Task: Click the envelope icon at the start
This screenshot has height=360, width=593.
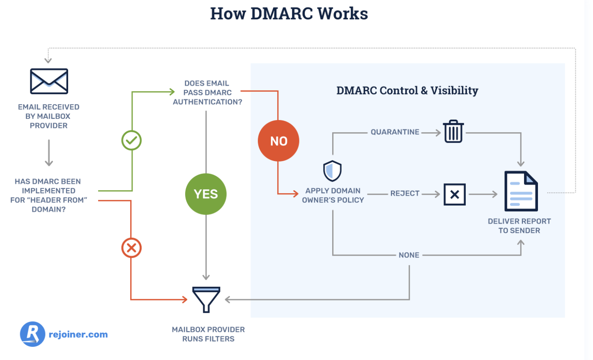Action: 49,81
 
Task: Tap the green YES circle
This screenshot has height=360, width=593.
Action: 206,194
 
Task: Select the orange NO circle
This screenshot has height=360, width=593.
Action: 278,141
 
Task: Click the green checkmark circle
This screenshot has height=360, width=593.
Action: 131,141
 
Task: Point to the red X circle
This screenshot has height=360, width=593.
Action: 131,248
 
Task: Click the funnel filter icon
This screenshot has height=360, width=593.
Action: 206,300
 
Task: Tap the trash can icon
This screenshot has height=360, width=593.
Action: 453,132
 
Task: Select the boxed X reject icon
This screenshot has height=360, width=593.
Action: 455,194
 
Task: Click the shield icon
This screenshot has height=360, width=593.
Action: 332,171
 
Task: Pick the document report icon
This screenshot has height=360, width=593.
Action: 521,192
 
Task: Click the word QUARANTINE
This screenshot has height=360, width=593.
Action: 395,132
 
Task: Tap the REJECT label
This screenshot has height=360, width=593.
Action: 405,193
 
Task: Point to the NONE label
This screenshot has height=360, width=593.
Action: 409,255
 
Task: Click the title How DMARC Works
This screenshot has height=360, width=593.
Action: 289,14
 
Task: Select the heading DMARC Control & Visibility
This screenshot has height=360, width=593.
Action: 407,90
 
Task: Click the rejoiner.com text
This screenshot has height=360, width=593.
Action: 78,335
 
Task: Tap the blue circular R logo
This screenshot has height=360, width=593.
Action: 32,334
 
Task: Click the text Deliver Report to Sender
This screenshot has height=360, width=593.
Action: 519,226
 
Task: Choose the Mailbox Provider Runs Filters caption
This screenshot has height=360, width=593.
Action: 208,334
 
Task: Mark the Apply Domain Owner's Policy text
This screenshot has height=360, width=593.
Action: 333,195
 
